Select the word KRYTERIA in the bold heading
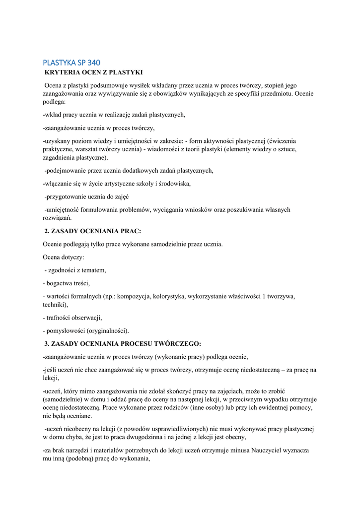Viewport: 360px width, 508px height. point(63,72)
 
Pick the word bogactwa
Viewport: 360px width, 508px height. point(60,283)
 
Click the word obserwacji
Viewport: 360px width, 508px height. point(86,317)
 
